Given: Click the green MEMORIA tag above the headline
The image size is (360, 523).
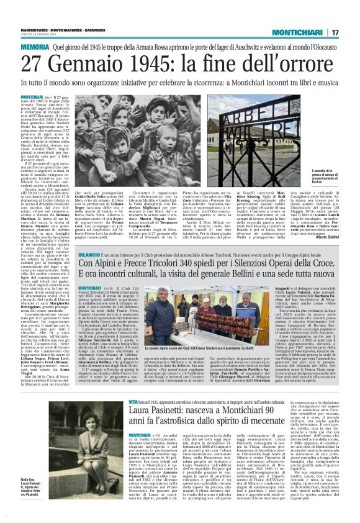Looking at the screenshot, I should (x=35, y=47).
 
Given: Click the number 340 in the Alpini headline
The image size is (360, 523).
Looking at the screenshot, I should (x=167, y=247).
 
